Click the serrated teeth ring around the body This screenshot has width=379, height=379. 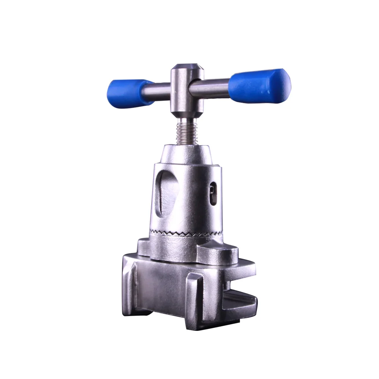(186, 232)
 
